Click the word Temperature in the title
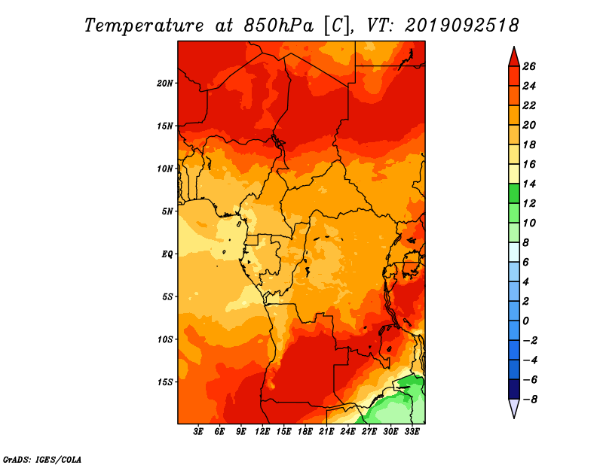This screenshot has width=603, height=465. pos(144,26)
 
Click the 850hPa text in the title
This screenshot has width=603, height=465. pos(279,26)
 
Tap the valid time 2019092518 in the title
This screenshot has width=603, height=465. pos(462,26)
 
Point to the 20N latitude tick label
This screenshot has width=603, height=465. pos(165,84)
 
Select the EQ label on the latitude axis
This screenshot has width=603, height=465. pos(167,254)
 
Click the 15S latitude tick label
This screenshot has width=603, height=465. pos(165,382)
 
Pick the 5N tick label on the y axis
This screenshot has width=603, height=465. pos(167,211)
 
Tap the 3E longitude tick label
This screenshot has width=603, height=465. pos(198,432)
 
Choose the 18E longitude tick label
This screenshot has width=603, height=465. pos(305,432)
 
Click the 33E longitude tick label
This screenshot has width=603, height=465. pos(412,432)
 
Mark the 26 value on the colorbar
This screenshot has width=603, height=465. pos(529,66)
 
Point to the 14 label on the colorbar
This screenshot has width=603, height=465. pos(529,184)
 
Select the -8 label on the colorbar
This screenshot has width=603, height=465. pos(530,400)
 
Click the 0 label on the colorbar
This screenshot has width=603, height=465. pos(525,321)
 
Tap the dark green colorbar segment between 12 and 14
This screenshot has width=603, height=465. pos(514,193)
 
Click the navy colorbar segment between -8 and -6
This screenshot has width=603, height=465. pos(514,389)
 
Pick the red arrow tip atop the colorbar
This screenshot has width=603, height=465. pos(514,47)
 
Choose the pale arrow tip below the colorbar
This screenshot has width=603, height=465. pos(514,417)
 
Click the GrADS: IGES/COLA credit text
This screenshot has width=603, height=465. pos(42,460)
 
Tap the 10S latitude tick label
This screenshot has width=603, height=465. pos(165,339)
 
